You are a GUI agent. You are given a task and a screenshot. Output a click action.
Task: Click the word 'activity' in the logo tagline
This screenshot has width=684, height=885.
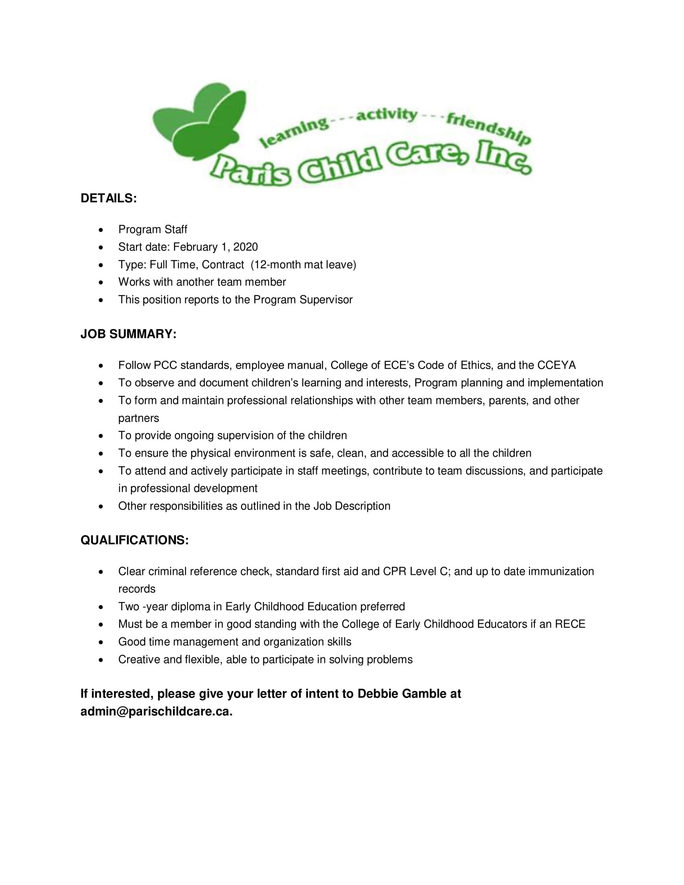pos(387,115)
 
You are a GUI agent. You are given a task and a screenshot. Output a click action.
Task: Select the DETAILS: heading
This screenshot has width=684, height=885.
pos(109,198)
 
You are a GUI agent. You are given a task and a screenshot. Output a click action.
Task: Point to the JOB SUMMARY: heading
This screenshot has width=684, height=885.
pos(128,334)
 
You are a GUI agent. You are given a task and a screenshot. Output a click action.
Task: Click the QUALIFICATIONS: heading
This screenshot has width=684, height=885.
pos(134,540)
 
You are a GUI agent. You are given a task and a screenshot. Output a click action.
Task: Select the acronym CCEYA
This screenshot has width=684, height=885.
pos(556,365)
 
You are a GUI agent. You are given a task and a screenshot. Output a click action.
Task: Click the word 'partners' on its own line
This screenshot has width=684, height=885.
pos(138,418)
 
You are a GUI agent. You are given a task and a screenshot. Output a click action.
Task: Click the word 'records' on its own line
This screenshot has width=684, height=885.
pos(137,589)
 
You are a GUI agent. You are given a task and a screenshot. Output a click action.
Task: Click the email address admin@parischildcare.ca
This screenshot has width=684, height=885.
pos(157,712)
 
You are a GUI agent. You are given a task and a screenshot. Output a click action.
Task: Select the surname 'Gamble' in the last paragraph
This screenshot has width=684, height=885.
pos(422,694)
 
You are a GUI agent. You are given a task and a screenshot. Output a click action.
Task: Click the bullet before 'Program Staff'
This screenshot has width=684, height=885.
pos(101,230)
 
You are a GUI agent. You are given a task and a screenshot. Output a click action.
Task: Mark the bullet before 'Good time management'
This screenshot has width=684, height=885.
pos(101,642)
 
